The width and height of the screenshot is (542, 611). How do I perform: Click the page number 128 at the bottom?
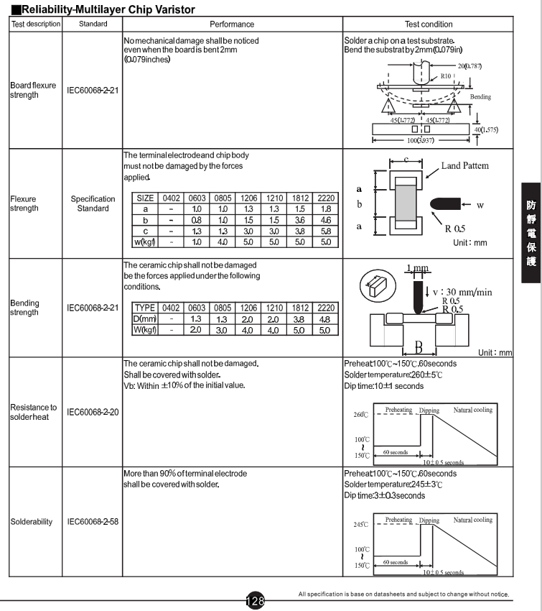point(256,600)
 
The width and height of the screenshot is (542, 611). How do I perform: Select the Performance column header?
point(232,24)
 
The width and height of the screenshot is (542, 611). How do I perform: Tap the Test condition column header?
point(429,24)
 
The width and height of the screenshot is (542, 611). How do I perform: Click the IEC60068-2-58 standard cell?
point(93,521)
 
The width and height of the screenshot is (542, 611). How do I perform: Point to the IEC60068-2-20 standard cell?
point(93,412)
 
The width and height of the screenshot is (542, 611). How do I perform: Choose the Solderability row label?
point(31,522)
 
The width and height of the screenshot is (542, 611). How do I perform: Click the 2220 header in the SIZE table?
point(326,198)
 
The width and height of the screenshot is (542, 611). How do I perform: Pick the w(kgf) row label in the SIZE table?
point(145,242)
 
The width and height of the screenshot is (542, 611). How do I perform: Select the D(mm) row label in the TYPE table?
point(145,318)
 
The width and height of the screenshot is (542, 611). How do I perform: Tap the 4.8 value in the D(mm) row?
point(324,319)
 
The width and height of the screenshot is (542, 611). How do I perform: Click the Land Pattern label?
point(464,165)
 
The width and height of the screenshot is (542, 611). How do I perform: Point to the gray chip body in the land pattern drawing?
point(406,203)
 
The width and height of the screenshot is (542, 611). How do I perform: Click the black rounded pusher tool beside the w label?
point(445,204)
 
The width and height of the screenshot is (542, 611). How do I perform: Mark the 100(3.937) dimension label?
point(421,140)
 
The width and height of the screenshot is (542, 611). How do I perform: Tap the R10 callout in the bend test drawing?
point(446,76)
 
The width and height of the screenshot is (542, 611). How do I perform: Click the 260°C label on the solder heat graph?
point(360,414)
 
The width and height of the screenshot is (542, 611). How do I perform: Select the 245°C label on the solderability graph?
point(360,524)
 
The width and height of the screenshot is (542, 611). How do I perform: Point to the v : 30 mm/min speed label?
point(462,292)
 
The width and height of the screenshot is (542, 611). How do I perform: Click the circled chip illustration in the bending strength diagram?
point(378,286)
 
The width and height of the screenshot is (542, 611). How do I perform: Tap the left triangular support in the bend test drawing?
point(388,106)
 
